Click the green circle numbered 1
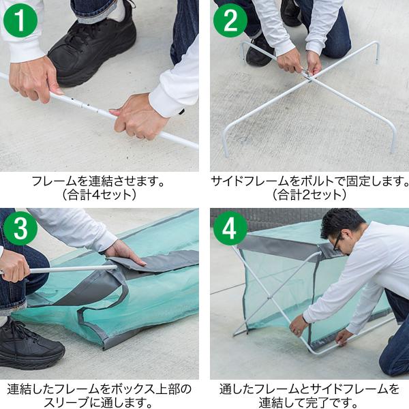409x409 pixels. [x=20, y=20]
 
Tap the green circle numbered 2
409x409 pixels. [x=230, y=20]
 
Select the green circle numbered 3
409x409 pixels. [x=20, y=228]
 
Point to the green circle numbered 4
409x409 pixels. [x=230, y=228]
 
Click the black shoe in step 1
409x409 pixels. [x=91, y=50]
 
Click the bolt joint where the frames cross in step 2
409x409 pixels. [x=308, y=74]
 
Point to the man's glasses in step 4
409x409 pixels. [x=337, y=241]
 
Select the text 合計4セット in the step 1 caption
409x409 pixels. [x=99, y=195]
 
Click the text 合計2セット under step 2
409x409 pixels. [x=309, y=195]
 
